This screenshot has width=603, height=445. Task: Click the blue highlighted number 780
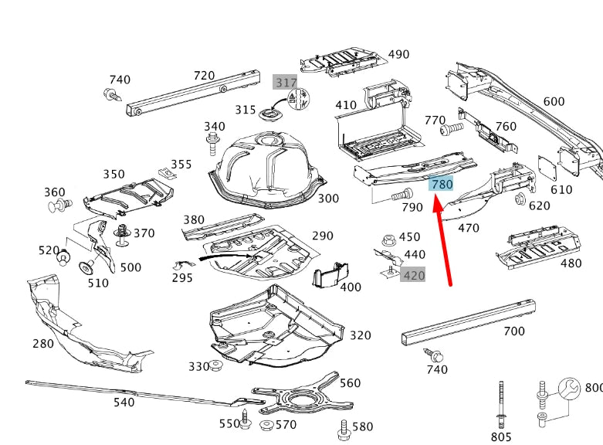(x=442, y=185)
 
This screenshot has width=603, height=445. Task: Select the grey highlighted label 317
(x=285, y=82)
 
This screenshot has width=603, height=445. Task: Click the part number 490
(x=398, y=55)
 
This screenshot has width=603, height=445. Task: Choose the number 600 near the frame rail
(x=554, y=101)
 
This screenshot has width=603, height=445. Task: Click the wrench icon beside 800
(x=570, y=389)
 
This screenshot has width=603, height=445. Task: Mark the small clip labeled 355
(x=163, y=172)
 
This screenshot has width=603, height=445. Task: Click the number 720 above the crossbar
(x=204, y=75)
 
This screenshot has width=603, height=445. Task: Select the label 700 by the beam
(x=513, y=331)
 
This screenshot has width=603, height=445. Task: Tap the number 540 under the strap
(x=124, y=402)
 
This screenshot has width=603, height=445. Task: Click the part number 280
(x=43, y=343)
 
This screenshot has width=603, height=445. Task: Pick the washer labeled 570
(x=266, y=425)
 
